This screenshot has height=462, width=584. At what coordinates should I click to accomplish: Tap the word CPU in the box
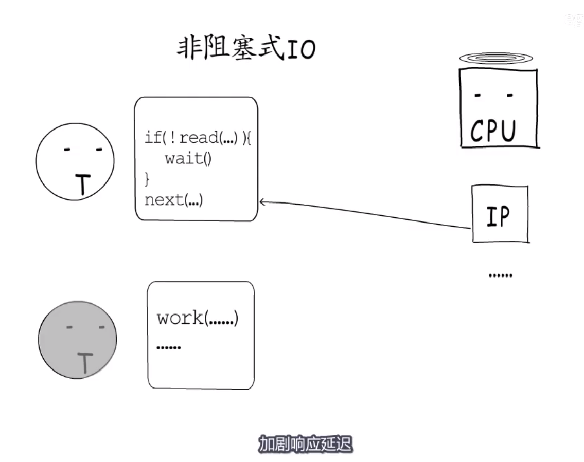492,131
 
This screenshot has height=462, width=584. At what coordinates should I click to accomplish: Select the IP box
500,214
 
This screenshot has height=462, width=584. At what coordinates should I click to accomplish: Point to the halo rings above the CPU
498,59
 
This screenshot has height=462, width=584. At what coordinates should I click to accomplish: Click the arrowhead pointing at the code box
262,202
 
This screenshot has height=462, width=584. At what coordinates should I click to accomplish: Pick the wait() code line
188,158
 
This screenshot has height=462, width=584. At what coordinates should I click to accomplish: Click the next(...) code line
174,199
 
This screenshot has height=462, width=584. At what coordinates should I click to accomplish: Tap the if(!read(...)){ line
197,138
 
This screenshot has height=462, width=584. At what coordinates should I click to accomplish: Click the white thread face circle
75,161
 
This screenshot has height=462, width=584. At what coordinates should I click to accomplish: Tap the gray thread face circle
77,340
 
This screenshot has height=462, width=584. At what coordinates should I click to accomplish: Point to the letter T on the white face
83,185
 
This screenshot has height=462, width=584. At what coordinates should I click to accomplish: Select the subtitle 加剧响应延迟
305,444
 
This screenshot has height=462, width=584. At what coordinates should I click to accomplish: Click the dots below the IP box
500,275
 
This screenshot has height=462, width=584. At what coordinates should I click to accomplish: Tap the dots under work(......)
168,347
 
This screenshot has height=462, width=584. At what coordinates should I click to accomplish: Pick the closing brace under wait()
147,179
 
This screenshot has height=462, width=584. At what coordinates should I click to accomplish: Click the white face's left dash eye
67,150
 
